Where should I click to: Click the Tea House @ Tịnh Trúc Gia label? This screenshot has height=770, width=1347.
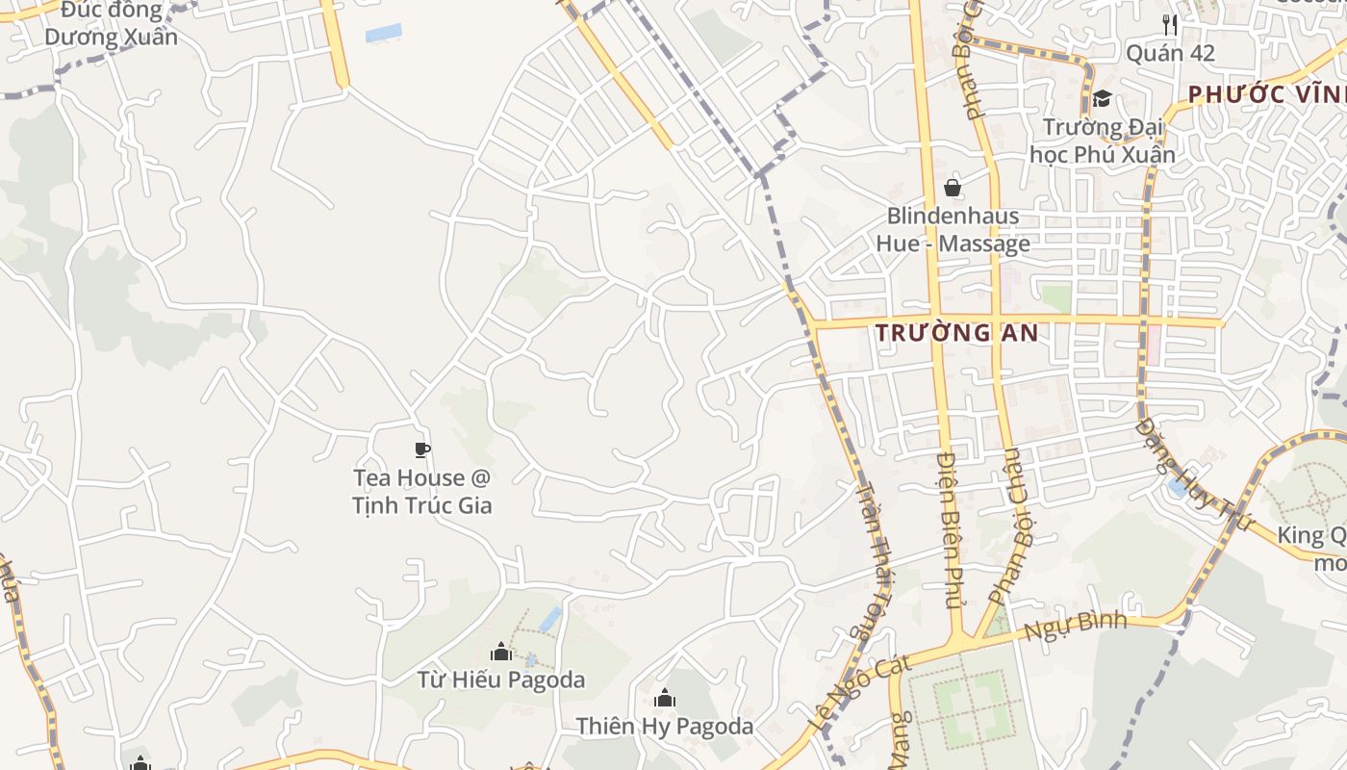(x=421, y=491)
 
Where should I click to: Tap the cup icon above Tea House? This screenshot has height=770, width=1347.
(x=421, y=449)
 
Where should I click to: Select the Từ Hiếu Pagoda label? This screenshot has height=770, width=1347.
(x=500, y=680)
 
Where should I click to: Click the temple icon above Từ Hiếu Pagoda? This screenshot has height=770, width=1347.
(x=500, y=653)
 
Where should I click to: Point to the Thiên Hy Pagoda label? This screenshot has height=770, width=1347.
(x=664, y=726)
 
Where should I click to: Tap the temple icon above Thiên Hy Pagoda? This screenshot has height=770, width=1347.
(x=664, y=698)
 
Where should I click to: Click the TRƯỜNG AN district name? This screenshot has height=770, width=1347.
(x=957, y=333)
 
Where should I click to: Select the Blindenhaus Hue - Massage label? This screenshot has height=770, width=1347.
(x=953, y=229)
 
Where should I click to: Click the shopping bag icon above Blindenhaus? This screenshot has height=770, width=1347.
(x=953, y=187)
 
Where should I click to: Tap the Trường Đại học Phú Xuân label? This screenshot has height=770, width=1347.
(x=1103, y=141)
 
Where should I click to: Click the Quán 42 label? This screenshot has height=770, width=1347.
(x=1170, y=53)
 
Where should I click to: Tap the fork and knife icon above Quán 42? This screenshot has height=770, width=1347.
(x=1170, y=23)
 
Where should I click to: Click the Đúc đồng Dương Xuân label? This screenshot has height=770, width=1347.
(x=111, y=25)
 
